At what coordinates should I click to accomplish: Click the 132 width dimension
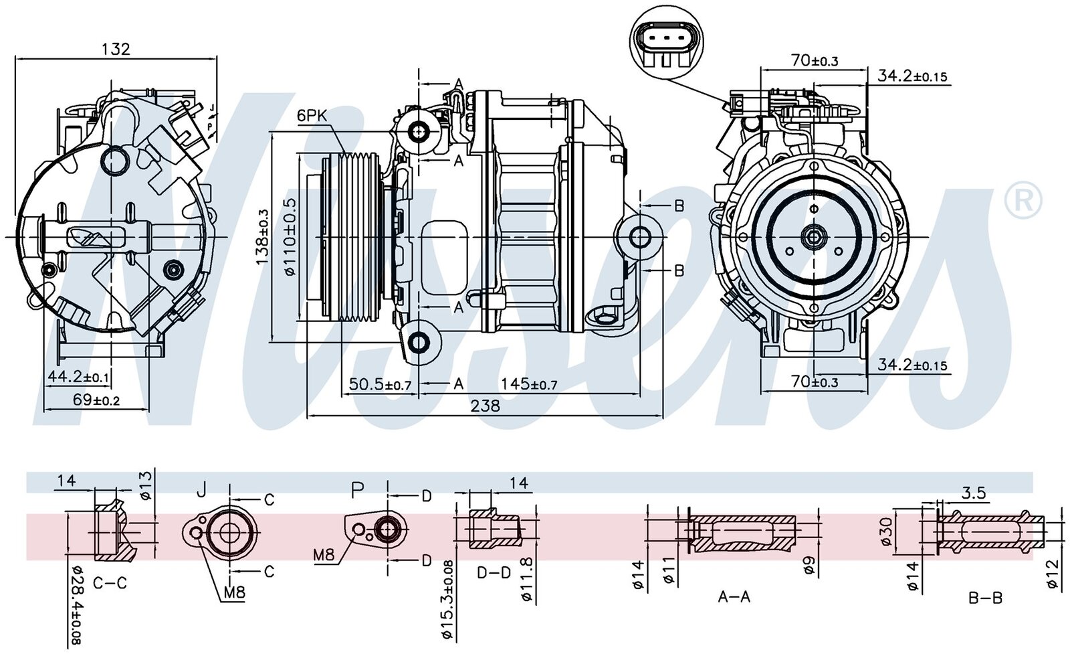click(115, 49)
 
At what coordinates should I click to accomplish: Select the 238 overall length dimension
click(486, 406)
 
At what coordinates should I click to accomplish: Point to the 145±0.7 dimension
click(529, 384)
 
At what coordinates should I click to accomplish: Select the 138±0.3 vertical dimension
click(262, 235)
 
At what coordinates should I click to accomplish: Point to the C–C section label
click(110, 584)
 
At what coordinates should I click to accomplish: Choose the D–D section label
click(494, 574)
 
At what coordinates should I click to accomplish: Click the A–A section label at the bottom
click(734, 596)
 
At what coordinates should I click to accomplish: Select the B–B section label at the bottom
click(986, 597)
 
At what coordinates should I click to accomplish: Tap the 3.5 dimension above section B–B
click(974, 493)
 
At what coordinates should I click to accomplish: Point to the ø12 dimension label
click(1052, 575)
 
